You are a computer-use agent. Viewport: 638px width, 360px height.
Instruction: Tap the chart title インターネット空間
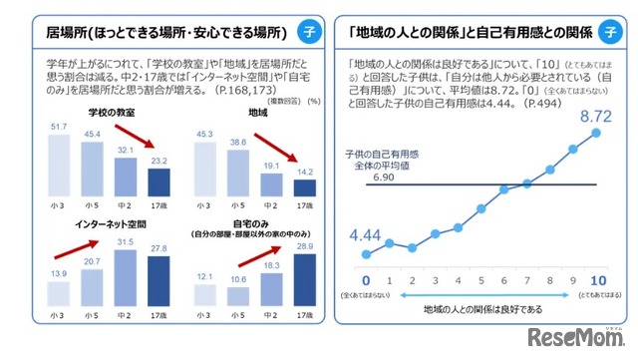pyautogui.click(x=108, y=225)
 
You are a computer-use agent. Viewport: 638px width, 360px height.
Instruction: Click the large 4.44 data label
pyautogui.click(x=368, y=235)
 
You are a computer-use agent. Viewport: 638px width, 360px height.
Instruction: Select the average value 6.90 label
pyautogui.click(x=384, y=174)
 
